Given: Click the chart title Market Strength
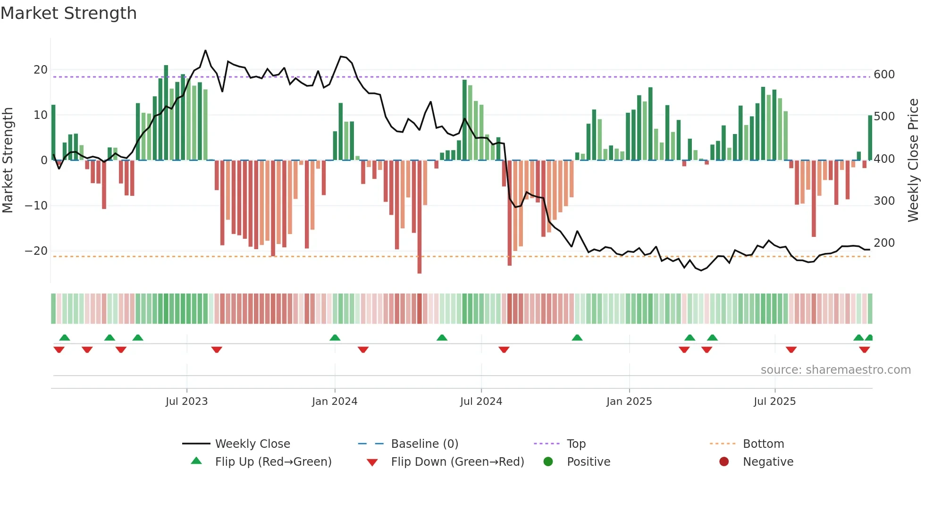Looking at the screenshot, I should pyautogui.click(x=68, y=13).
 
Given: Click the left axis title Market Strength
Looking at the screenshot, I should pyautogui.click(x=8, y=160).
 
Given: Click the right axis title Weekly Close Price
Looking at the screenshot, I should pyautogui.click(x=913, y=160).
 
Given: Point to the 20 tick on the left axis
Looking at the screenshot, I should pyautogui.click(x=41, y=70).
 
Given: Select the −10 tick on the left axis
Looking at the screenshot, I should pyautogui.click(x=36, y=206).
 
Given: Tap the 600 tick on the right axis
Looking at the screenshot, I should pyautogui.click(x=884, y=75).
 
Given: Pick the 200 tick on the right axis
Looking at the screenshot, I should pyautogui.click(x=884, y=243).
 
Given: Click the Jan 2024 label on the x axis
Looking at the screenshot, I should pyautogui.click(x=335, y=402).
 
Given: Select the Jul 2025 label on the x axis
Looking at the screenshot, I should pyautogui.click(x=774, y=402).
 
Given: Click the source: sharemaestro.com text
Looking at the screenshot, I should pyautogui.click(x=835, y=370).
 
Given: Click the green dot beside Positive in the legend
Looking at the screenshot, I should pyautogui.click(x=548, y=461).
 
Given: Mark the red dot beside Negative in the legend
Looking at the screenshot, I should pyautogui.click(x=724, y=461).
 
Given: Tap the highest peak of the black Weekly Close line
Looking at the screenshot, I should pyautogui.click(x=205, y=50).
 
